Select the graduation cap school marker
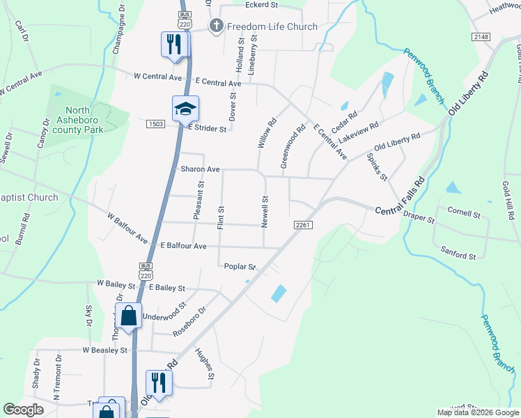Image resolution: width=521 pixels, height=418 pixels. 186,109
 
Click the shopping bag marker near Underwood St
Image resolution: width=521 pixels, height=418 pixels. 129,316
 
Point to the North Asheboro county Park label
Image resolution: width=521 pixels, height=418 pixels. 84,120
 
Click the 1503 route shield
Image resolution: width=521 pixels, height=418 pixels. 155,124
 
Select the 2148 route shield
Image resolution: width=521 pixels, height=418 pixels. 481,37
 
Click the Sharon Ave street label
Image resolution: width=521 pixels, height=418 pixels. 201,169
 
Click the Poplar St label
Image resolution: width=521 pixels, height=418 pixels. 240,266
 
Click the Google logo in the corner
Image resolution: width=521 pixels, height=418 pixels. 23,410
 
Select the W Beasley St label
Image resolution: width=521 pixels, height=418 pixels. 105,350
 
